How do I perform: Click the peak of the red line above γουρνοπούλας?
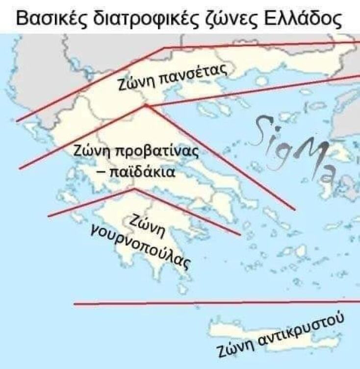tap(134, 189)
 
